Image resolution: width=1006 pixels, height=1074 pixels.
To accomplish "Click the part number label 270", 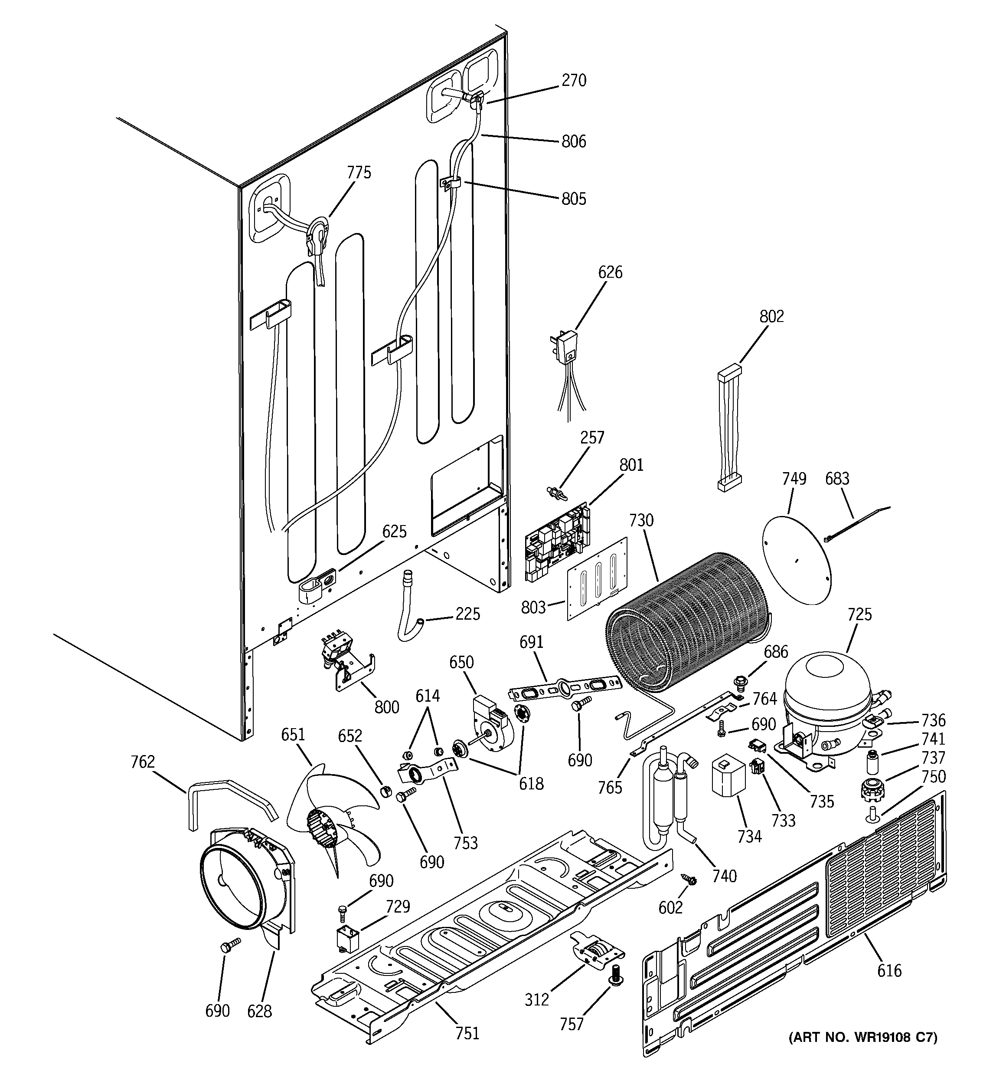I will [x=574, y=81].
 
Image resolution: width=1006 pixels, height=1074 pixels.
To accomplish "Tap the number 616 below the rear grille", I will [x=889, y=970].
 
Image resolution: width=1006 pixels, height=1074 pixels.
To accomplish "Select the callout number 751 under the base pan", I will [x=467, y=1033].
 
